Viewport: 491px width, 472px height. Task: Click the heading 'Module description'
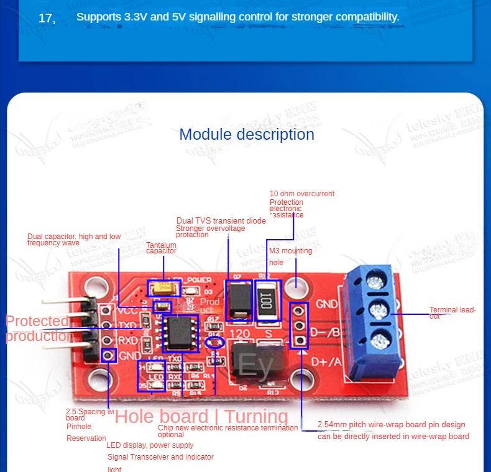[x=246, y=134]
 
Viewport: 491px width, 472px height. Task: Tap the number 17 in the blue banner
[x=47, y=19]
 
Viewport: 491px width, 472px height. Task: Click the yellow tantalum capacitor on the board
[x=163, y=289]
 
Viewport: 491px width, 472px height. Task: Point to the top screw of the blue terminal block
[x=374, y=283]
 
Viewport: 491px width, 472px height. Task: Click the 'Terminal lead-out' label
[x=452, y=312]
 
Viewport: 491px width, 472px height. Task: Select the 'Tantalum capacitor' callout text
[x=161, y=248]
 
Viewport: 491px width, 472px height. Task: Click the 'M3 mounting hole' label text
[x=290, y=256]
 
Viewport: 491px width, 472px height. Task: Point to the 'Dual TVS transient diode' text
[x=221, y=220]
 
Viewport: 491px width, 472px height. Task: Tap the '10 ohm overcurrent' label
[x=302, y=194]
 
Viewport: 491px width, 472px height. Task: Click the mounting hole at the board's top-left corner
[x=94, y=286]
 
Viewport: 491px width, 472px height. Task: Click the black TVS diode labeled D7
[x=238, y=301]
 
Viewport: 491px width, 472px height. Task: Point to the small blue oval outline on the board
[x=216, y=342]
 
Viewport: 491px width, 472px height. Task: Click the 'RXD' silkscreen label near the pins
[x=128, y=341]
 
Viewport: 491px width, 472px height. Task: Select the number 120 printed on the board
[x=240, y=333]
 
